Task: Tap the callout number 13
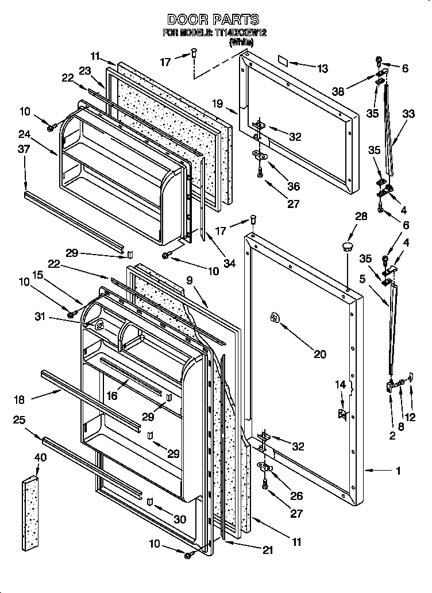(322, 69)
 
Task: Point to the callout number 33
(408, 114)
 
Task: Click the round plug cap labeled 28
(347, 247)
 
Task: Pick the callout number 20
(319, 355)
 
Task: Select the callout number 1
(398, 471)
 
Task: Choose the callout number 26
(296, 496)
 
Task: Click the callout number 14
(341, 384)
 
